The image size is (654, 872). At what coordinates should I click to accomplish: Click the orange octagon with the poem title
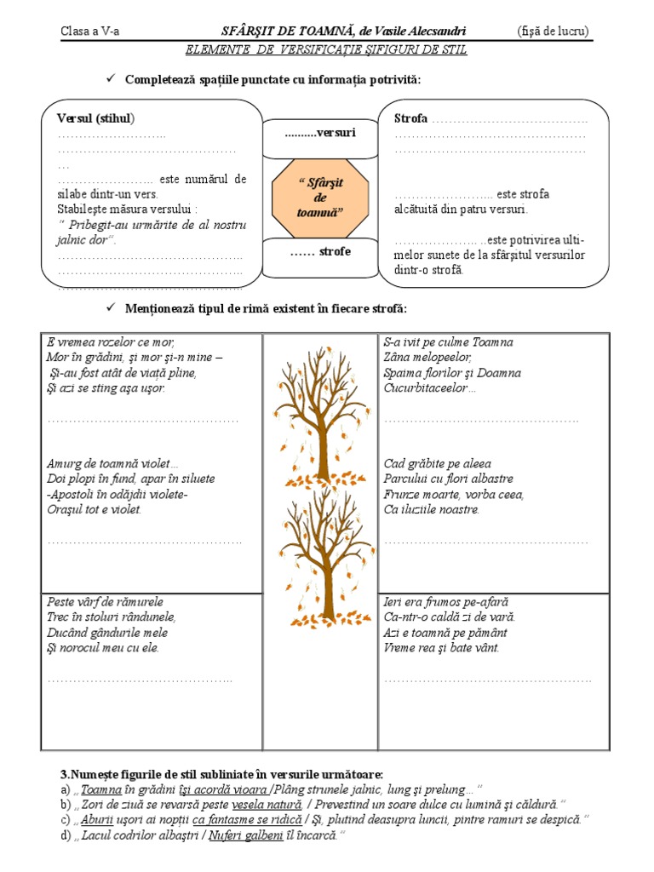[x=320, y=198]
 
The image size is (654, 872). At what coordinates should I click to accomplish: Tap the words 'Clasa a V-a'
[x=90, y=32]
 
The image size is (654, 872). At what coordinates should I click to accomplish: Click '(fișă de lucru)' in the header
[x=553, y=32]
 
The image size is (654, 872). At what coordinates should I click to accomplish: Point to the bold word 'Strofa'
[x=411, y=118]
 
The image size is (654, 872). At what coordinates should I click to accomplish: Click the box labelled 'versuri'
[x=320, y=133]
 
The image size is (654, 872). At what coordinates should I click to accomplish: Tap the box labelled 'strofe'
[x=320, y=252]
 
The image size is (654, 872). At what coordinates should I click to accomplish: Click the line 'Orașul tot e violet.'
[x=95, y=510]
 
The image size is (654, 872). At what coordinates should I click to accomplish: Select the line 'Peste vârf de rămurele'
[x=105, y=602]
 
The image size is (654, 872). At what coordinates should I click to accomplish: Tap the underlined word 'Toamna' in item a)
[x=101, y=789]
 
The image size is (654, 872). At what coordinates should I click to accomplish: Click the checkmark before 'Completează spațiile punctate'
[x=109, y=79]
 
